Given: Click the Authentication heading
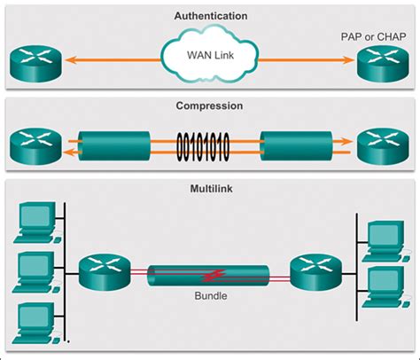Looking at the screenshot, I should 211,16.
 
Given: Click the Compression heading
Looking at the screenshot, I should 211,106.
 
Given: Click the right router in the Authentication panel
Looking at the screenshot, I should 379,64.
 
